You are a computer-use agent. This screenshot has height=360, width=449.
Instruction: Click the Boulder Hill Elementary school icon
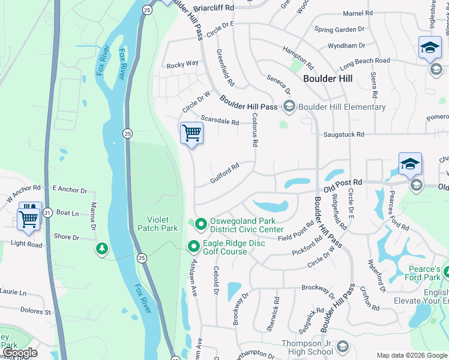tap(289, 107)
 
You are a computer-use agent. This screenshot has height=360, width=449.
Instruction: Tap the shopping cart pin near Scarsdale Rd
tap(191, 133)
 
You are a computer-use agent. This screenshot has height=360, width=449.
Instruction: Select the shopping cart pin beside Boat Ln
tap(29, 218)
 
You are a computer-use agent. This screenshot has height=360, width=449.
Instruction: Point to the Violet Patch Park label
tap(157, 224)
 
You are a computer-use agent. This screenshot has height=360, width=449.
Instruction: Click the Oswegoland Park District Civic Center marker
tap(200, 225)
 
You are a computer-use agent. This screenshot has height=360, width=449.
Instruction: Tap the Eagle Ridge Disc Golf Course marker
tap(194, 247)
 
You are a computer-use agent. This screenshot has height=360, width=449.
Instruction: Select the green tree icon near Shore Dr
tap(102, 248)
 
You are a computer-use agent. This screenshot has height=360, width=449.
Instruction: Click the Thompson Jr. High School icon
tap(342, 347)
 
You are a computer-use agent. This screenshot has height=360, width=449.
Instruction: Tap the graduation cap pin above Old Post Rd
tap(410, 164)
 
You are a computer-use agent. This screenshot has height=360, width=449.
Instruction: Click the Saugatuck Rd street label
tap(343, 135)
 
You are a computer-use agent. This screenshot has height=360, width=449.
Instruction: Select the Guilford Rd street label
tap(225, 173)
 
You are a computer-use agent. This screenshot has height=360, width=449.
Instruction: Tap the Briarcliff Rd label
tap(214, 7)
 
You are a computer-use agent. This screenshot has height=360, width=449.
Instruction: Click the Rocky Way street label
tap(182, 64)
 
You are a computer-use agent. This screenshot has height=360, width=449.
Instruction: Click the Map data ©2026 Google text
tap(411, 355)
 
